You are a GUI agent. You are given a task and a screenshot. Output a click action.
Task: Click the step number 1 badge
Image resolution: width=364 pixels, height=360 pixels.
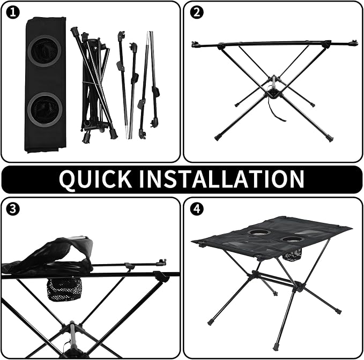[x=13, y=12]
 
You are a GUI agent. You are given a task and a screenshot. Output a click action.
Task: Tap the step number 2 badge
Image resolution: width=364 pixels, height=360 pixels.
[x=197, y=12]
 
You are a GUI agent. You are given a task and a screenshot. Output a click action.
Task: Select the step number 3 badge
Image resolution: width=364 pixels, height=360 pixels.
[x=13, y=209]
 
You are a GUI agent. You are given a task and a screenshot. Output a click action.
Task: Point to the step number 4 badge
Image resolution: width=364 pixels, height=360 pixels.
[x=197, y=209]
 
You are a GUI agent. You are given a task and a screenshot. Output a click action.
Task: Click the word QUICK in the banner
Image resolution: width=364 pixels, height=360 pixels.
[x=95, y=179]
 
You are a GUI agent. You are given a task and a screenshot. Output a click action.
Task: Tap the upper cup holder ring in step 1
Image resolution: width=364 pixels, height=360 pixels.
[x=44, y=51]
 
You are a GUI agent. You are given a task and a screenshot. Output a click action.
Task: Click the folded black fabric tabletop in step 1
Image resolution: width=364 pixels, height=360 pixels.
[x=45, y=85]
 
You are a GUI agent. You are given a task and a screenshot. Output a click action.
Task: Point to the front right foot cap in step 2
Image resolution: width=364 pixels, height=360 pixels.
[x=330, y=138]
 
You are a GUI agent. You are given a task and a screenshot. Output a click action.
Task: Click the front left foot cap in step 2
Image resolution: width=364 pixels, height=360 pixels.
[x=218, y=138]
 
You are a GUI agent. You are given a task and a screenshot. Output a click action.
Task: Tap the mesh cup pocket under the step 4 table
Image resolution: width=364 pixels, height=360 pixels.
[x=293, y=254]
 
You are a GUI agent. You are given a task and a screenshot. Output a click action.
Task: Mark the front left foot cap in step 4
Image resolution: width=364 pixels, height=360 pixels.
[x=211, y=322]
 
